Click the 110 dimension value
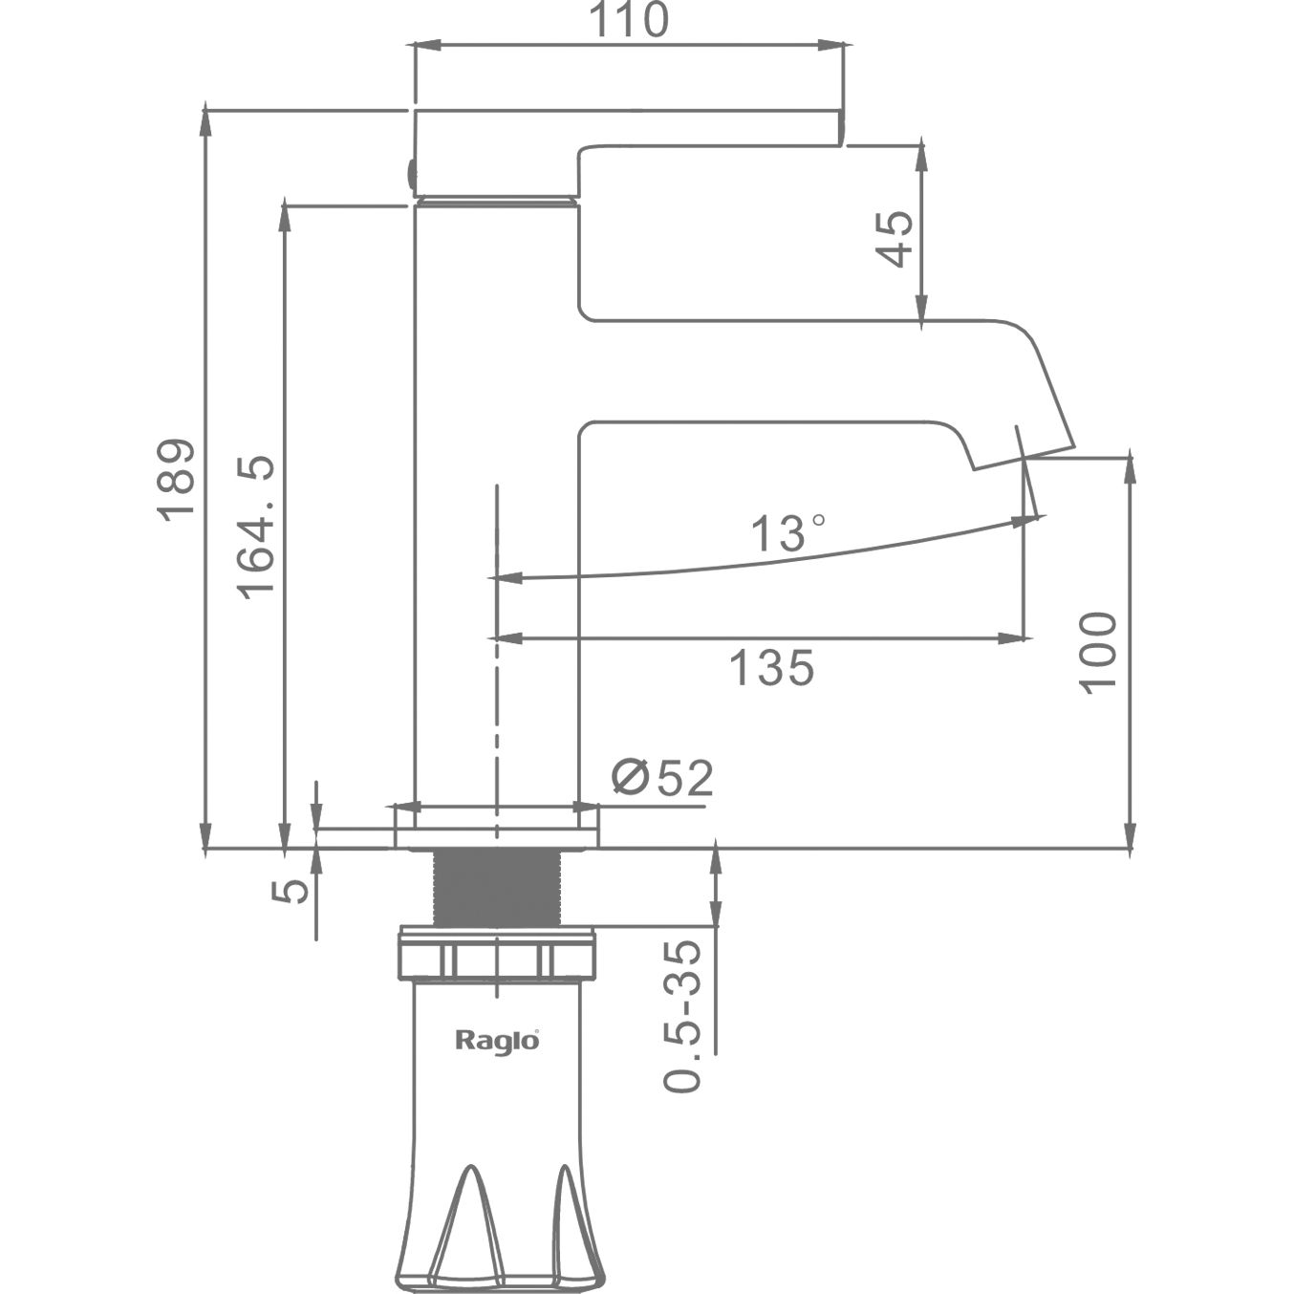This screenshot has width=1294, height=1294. pyautogui.click(x=629, y=19)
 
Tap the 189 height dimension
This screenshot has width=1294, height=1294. pyautogui.click(x=176, y=480)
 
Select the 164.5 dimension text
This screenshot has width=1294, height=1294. pyautogui.click(x=256, y=527)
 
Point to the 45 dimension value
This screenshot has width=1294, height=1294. pyautogui.click(x=895, y=239)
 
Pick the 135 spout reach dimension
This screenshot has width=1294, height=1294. pyautogui.click(x=771, y=667)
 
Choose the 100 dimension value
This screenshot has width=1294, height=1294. pyautogui.click(x=1097, y=652)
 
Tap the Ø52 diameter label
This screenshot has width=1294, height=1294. pyautogui.click(x=662, y=778)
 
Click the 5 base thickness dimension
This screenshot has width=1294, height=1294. pyautogui.click(x=291, y=891)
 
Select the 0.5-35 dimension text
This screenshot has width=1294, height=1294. pyautogui.click(x=682, y=1015)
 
